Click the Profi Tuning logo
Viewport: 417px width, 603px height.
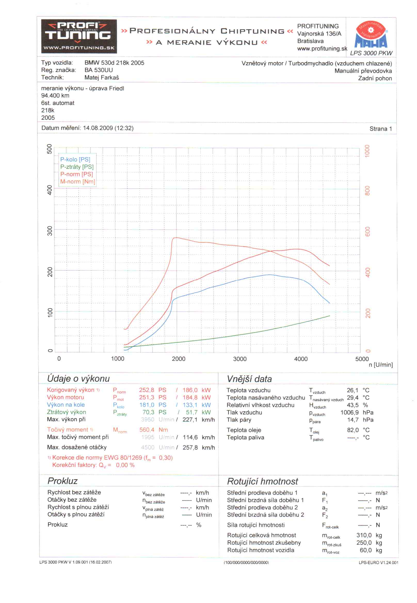pos(79,36)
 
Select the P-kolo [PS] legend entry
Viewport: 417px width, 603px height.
pos(75,160)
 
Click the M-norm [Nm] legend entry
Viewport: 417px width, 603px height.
pos(78,182)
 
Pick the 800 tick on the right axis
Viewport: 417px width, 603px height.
pos(367,191)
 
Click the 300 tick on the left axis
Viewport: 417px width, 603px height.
pos(50,231)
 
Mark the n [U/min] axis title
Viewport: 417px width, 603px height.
pos(380,365)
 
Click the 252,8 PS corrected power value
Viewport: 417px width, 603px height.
pos(146,390)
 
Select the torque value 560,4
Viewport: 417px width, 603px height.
pos(147,430)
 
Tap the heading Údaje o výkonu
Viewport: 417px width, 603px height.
pos(78,378)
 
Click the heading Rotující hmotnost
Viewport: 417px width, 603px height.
pos(262,481)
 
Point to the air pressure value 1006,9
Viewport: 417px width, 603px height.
pos(349,412)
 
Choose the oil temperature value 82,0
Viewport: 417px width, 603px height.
pos(353,430)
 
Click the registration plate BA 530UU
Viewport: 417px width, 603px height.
pos(99,70)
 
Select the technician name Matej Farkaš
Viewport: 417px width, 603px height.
pos(102,77)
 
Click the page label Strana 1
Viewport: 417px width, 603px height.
pos(380,129)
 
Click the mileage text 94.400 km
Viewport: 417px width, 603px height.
pos(55,96)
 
